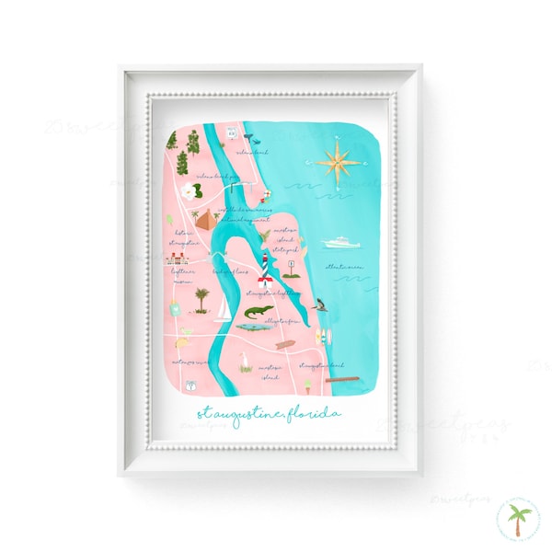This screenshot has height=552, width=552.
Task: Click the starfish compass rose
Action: pyautogui.click(x=338, y=162)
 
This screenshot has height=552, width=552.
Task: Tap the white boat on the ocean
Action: pyautogui.click(x=341, y=243)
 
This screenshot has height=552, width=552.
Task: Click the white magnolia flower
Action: pyautogui.click(x=191, y=191)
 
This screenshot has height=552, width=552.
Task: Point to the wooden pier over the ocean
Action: pyautogui.click(x=340, y=378)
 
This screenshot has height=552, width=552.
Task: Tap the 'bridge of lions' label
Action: pyautogui.click(x=229, y=272)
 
